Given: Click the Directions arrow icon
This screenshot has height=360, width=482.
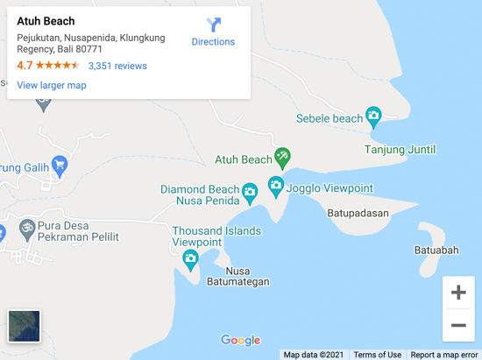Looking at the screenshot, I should (x=214, y=25).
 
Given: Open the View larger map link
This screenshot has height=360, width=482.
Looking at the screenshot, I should (x=52, y=85).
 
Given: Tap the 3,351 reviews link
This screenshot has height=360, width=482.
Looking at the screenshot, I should (x=117, y=66).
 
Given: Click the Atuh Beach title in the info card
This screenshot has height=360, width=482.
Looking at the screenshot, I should (x=46, y=21).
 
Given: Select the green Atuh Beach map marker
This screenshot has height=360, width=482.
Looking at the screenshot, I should (x=282, y=159).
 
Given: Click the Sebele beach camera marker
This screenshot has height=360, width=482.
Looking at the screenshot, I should (x=374, y=116).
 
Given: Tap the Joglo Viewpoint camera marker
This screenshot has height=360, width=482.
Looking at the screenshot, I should (x=276, y=186).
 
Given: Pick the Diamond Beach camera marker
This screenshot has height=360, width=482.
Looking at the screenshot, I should (x=250, y=192).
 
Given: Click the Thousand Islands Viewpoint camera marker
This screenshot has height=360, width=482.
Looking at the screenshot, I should (x=190, y=258).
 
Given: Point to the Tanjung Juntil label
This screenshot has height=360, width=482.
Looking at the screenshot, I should (x=400, y=150).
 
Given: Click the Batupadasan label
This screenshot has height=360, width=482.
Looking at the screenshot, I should (x=363, y=212).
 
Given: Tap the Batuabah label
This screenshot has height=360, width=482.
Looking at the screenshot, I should (x=436, y=251).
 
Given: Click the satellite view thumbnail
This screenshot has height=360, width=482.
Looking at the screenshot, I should (x=25, y=326).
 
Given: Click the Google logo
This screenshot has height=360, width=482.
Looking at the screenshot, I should (x=241, y=341).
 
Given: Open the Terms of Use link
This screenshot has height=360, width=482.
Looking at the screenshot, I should (x=377, y=355).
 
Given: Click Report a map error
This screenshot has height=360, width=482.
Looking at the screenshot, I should (x=444, y=355).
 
